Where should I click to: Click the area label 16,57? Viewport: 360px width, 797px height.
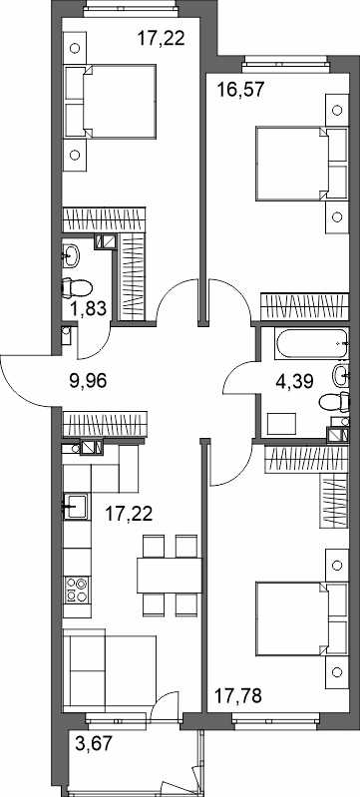pos(240,90)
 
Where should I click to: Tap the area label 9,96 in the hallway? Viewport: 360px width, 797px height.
pos(88,380)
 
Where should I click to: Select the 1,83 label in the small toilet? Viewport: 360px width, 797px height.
pos(85,308)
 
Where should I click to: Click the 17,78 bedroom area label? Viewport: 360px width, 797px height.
pos(238,695)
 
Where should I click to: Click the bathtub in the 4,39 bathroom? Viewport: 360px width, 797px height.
pos(312,343)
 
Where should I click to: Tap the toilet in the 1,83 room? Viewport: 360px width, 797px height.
pos(76,288)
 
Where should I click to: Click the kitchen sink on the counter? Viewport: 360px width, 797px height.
pos(76,507)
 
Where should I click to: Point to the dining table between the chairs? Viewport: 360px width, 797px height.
pos(170,575)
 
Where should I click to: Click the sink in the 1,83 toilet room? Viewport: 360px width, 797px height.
pos(71,256)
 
